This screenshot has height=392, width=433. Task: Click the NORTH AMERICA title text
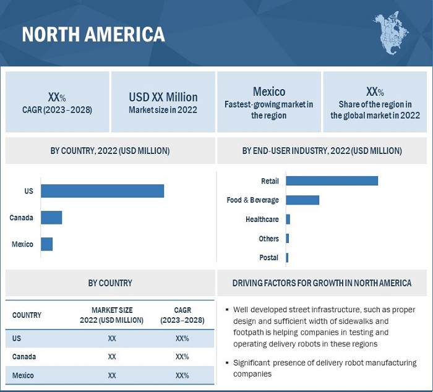click(x=93, y=34)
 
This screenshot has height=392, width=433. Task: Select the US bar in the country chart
click(x=102, y=191)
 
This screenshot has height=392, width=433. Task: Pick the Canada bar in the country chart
click(x=51, y=218)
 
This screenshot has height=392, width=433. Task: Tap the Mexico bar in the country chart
click(x=47, y=244)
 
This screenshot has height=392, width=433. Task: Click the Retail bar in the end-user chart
click(x=332, y=181)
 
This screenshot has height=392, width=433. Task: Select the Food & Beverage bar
click(x=302, y=200)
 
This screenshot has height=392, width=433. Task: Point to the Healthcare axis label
click(x=262, y=219)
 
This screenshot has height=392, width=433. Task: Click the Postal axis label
click(x=269, y=257)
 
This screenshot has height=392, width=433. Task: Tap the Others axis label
click(x=269, y=238)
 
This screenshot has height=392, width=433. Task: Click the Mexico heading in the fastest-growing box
click(x=269, y=92)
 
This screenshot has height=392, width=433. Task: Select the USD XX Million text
click(x=163, y=97)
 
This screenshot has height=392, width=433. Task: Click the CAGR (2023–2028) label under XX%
click(x=57, y=110)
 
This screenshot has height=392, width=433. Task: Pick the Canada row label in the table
click(x=24, y=357)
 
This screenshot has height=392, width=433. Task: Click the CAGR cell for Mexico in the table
click(x=182, y=375)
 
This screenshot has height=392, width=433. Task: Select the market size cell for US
click(x=112, y=338)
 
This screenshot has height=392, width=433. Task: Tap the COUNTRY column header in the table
click(x=27, y=315)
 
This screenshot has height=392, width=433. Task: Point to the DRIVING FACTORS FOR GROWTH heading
click(x=322, y=283)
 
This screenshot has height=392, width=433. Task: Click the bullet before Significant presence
click(x=228, y=363)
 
